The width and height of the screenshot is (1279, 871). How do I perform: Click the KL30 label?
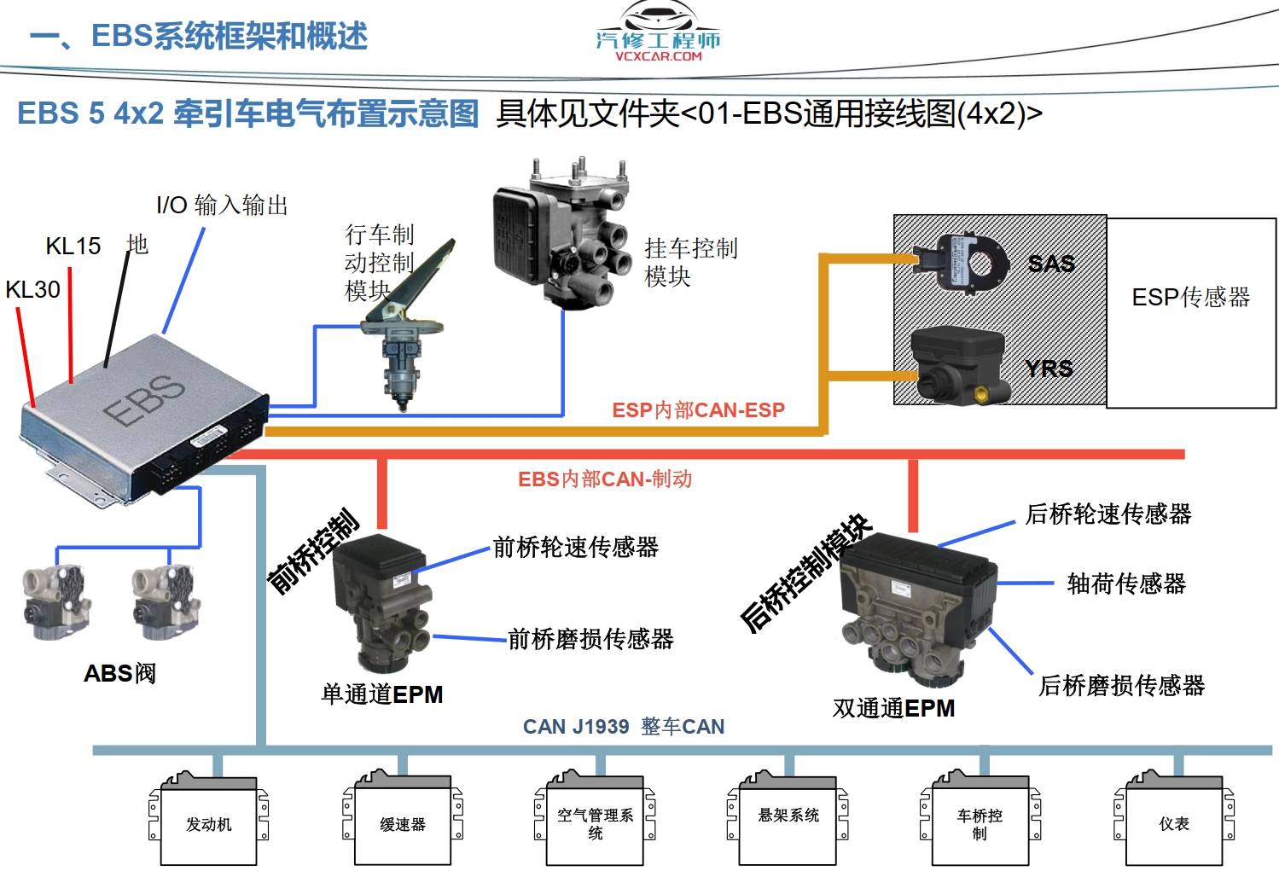(33, 290)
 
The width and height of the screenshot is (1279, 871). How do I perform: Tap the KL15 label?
(73, 247)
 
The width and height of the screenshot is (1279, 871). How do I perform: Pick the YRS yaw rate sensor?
(959, 365)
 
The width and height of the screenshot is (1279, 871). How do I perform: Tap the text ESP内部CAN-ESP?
(698, 410)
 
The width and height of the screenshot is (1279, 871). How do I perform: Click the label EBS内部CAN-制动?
(605, 479)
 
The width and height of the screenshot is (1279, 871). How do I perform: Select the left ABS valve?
(56, 602)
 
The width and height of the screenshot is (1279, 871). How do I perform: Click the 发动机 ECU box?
(209, 823)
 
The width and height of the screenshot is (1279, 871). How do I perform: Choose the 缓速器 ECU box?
(403, 824)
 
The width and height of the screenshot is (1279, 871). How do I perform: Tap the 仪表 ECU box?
(1174, 823)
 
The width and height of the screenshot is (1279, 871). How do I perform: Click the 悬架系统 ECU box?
(788, 822)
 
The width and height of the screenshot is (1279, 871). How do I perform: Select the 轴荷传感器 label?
(1126, 584)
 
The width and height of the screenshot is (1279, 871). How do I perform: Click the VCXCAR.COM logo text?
(658, 56)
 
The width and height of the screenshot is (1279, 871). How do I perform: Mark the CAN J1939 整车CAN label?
(624, 727)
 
